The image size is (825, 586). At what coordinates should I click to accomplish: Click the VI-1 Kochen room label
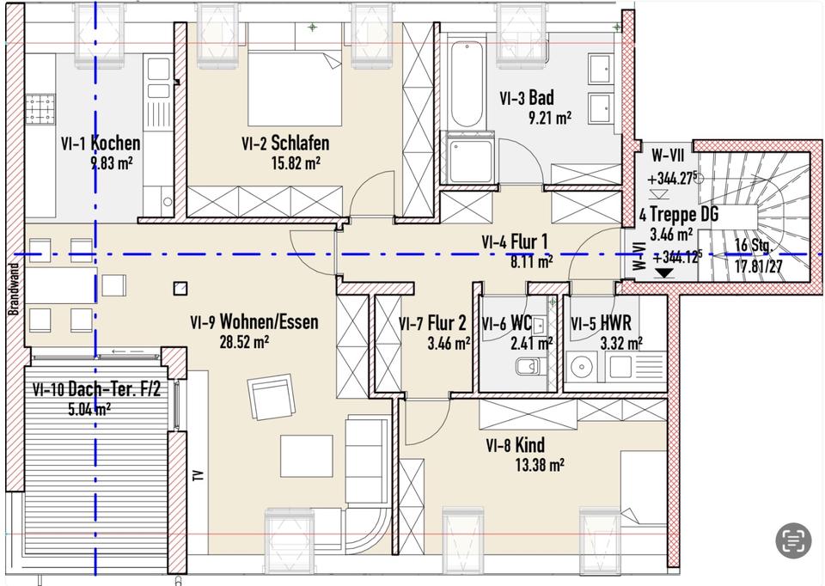pos(101,143)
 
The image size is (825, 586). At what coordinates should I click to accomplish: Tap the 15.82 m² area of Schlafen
pos(296,163)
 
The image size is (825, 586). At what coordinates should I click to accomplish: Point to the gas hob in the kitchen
pos(40,108)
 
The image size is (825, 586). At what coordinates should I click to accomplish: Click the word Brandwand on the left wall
pos(15,289)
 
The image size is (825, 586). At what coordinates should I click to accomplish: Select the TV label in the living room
pos(199,475)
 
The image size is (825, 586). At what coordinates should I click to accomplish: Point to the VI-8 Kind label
pos(515,445)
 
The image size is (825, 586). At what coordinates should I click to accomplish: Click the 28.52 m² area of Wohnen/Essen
pos(244,343)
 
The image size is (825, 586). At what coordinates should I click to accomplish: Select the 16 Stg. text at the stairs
pos(754,246)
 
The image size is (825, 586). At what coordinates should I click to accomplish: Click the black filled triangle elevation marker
pos(664,273)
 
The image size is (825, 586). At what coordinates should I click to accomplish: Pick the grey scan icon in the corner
pos(793,540)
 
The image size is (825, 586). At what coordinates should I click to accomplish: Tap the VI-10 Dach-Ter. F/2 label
pos(96,390)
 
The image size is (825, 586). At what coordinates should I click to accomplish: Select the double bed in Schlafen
pos(295,89)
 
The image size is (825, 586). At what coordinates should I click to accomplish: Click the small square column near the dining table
pos(180,288)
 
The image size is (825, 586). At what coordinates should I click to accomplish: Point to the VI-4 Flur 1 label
pos(514,242)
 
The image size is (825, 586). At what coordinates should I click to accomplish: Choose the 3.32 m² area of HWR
pos(621,344)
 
